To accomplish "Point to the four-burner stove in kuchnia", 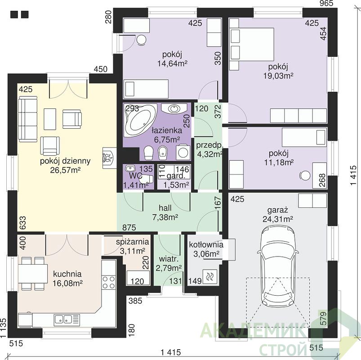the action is (x=109, y=282).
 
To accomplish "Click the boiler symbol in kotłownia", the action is (x=209, y=276).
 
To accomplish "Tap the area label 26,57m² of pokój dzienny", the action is (x=65, y=170).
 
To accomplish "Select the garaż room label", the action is (x=278, y=211).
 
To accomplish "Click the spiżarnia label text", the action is (x=132, y=242).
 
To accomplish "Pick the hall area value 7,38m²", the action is (x=165, y=216).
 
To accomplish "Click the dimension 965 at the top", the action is (x=326, y=3).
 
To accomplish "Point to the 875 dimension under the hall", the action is (x=129, y=227).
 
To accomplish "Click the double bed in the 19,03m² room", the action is (x=252, y=45).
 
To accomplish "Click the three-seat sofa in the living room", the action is (x=27, y=119).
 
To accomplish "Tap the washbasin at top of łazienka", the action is (x=174, y=108).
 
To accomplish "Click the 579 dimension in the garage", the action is (x=324, y=318).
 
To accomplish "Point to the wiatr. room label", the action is (x=169, y=259).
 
